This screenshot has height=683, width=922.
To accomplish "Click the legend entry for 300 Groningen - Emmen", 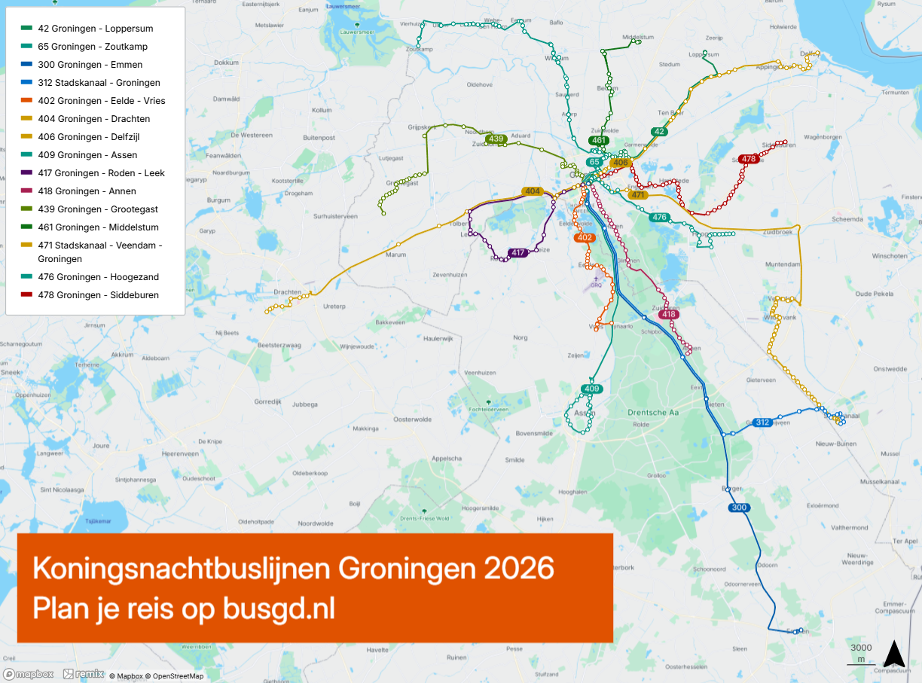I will pyautogui.click(x=90, y=65).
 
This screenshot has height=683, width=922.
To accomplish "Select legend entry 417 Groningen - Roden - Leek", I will pyautogui.click(x=101, y=173).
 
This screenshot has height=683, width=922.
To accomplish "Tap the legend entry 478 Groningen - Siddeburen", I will pyautogui.click(x=98, y=295).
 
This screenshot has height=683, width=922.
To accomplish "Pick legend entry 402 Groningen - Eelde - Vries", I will pyautogui.click(x=101, y=101).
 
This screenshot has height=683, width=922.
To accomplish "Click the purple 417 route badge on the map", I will pyautogui.click(x=517, y=253).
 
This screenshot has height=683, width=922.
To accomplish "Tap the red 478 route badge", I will pyautogui.click(x=748, y=159).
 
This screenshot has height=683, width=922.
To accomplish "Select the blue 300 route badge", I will pyautogui.click(x=739, y=508).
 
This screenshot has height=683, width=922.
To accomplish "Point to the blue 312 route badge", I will pyautogui.click(x=762, y=422).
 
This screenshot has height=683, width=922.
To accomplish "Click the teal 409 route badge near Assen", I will pyautogui.click(x=591, y=389).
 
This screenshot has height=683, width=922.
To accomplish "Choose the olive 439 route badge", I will pyautogui.click(x=496, y=139).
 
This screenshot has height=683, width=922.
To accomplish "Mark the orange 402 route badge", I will pyautogui.click(x=584, y=238).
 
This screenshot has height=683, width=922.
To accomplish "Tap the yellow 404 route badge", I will pyautogui.click(x=533, y=191).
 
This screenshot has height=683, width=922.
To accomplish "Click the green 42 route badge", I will pyautogui.click(x=659, y=132).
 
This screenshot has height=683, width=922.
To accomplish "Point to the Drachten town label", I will pyautogui.click(x=287, y=292).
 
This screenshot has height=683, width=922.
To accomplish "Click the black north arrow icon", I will pyautogui.click(x=893, y=654).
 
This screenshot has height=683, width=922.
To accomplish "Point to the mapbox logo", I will pyautogui.click(x=29, y=674).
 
